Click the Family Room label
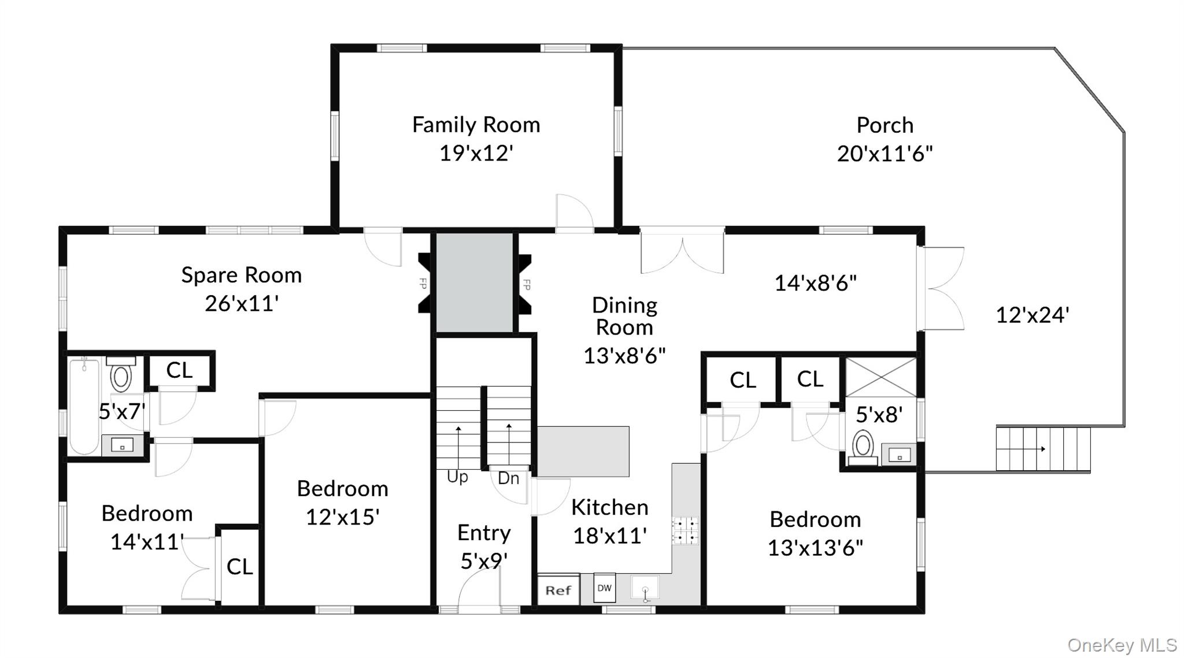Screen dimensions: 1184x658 (x=476, y=125)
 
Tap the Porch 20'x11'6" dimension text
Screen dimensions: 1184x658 (x=885, y=154)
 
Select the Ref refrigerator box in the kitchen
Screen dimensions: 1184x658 (x=558, y=590)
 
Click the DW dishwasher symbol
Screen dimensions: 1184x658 (x=604, y=588)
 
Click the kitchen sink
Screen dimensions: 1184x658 (x=645, y=589)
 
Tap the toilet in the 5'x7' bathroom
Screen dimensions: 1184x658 (x=120, y=374)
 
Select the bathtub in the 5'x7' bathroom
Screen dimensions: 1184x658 (x=84, y=406)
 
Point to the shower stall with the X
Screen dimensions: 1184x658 (x=881, y=377)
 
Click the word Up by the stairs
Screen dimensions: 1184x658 (x=457, y=478)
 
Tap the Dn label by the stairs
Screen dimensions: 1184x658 (x=508, y=478)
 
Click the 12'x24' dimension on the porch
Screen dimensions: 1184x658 (x=1033, y=315)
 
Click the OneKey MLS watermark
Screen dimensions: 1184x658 (x=1122, y=645)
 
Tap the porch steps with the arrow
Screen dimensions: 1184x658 (x=1043, y=449)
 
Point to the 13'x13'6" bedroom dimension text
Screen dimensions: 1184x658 (x=815, y=548)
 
